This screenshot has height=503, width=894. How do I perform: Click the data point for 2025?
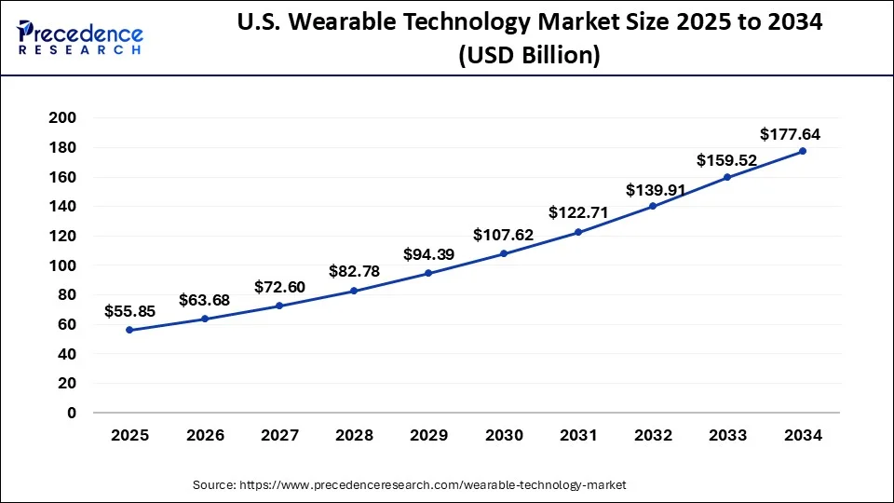[129, 330]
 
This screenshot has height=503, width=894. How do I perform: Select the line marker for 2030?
[504, 253]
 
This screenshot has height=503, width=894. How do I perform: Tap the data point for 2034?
[802, 151]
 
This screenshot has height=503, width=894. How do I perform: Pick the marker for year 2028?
[354, 291]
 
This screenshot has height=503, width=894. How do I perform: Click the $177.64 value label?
[790, 134]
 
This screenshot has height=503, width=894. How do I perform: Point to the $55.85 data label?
[129, 310]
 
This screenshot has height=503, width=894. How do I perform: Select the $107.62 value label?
[503, 235]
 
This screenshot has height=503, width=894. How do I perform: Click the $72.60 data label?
[279, 287]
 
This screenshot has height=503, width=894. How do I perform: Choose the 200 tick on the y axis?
[64, 118]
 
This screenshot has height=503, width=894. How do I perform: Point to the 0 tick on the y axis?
[71, 413]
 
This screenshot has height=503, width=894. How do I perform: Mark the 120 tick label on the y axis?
[64, 236]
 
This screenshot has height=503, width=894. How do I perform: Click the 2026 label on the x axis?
[205, 435]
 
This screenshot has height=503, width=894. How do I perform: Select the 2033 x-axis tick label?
[727, 435]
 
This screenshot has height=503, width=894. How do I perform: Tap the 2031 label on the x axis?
[578, 435]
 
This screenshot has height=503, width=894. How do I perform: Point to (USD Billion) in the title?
[529, 56]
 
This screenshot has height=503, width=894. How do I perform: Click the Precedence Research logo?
[80, 38]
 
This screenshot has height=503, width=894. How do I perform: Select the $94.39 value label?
[428, 254]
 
